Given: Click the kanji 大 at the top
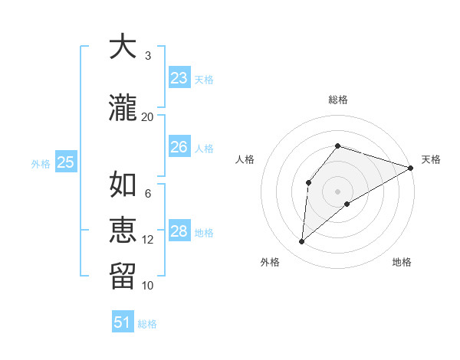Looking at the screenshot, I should point(123,47).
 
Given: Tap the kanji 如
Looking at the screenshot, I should point(123,185).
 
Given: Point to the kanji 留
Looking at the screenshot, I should point(123,275).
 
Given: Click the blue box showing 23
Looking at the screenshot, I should point(179,78).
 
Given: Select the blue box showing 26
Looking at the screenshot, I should point(179,147).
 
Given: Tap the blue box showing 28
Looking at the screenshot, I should point(179,232).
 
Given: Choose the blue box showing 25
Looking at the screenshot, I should point(66,162).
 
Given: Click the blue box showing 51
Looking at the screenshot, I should point(123,322).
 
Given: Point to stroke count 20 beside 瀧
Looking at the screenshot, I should point(148,116).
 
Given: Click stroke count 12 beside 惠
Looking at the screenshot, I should point(148,240).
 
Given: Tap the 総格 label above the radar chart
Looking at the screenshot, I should point(337,100).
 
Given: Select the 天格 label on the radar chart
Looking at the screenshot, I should point(431,159).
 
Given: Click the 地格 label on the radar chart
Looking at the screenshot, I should point(402,262).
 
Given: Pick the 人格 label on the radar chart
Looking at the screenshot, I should point(245,159).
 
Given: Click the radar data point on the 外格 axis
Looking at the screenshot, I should point(302,242).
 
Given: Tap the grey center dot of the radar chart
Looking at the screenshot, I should point(337,191).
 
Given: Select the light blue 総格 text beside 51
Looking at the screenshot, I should point(147,324).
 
